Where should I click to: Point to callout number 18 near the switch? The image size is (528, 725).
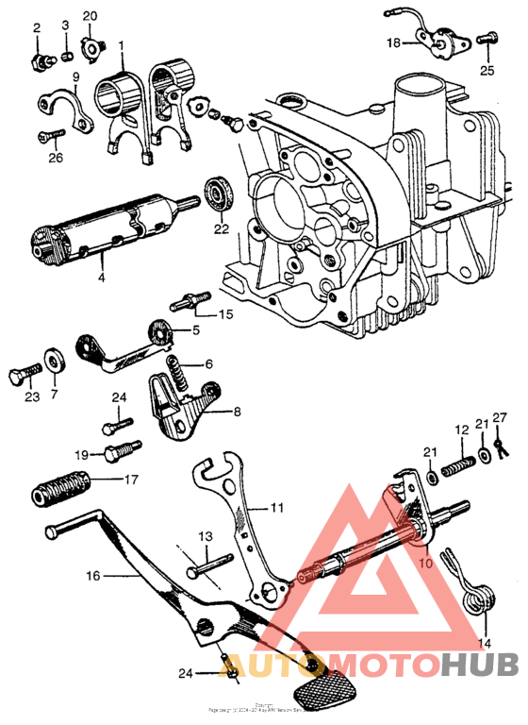coord(393,43)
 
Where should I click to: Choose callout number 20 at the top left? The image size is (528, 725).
coord(90,17)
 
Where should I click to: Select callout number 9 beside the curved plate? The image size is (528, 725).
coord(75,76)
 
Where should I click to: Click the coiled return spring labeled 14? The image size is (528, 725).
coord(478,598)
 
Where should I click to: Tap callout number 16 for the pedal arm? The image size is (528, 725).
coord(92,573)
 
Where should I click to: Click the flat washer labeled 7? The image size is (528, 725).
coord(55,360)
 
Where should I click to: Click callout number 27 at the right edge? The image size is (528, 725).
coord(500,417)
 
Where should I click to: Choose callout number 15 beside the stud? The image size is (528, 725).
coord(226,314)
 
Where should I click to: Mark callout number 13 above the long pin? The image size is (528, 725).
coord(204,536)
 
